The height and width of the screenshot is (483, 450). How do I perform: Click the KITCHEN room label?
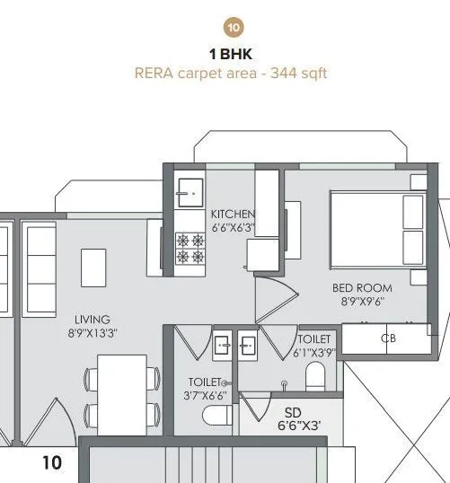(233, 215)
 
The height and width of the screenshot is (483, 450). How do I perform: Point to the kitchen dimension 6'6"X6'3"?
(233, 228)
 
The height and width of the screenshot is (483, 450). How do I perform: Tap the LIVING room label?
(93, 320)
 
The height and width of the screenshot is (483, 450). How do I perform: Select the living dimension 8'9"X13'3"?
(93, 333)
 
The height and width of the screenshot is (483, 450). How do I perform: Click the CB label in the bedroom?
(389, 338)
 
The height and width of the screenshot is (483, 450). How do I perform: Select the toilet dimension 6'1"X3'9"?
(315, 353)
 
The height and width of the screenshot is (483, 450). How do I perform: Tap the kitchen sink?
(189, 191)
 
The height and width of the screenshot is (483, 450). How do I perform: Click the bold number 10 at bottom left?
(52, 463)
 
